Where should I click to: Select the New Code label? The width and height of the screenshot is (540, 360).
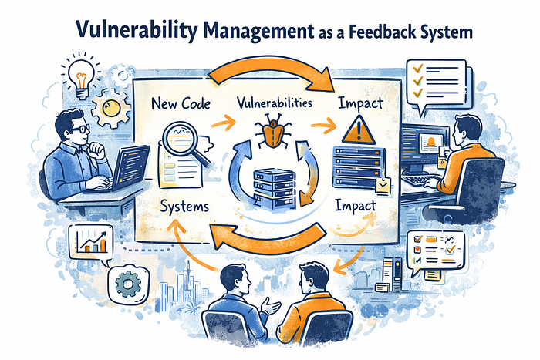point(181,103)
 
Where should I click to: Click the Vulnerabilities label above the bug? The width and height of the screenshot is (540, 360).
point(275,103)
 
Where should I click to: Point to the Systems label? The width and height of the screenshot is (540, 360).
point(184,207)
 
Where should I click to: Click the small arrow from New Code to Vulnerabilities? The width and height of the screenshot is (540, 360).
point(223,122)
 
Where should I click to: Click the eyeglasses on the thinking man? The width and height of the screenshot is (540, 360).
point(80,129)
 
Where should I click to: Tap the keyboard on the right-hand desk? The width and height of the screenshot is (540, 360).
point(421,180)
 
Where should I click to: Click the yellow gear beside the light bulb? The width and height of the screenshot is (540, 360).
point(111,109)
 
